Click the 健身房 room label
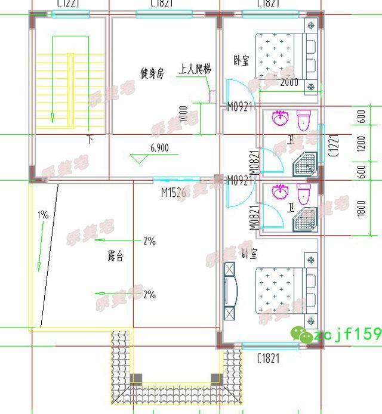pyautogui.click(x=152, y=73)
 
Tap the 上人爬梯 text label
pyautogui.click(x=195, y=70)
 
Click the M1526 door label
pyautogui.click(x=173, y=192)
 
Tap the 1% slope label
pyautogui.click(x=42, y=215)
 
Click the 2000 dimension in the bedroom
pyautogui.click(x=289, y=82)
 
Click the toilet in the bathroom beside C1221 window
pyautogui.click(x=304, y=119)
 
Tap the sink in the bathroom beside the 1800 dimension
pyautogui.click(x=279, y=191)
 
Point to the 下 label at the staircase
pyautogui.click(x=91, y=140)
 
